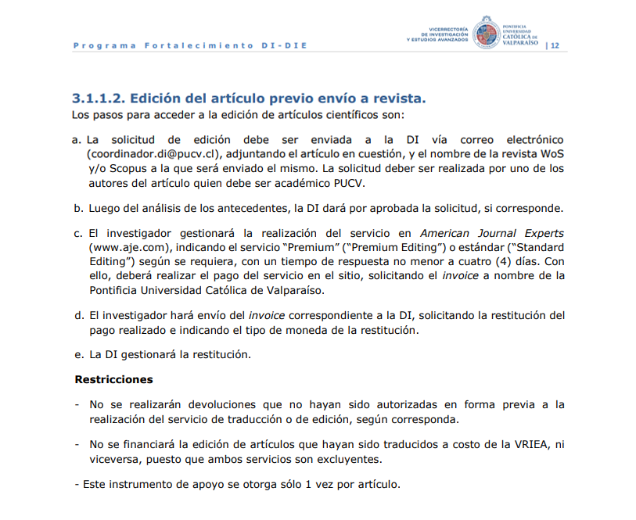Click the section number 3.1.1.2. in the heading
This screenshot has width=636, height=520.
(x=98, y=99)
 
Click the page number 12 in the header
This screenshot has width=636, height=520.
(x=555, y=45)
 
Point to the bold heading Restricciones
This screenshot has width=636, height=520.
(x=113, y=380)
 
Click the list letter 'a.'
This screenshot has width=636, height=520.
(x=77, y=140)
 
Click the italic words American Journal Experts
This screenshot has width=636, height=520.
(x=492, y=234)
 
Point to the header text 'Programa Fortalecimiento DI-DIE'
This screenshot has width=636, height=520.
(x=190, y=45)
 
